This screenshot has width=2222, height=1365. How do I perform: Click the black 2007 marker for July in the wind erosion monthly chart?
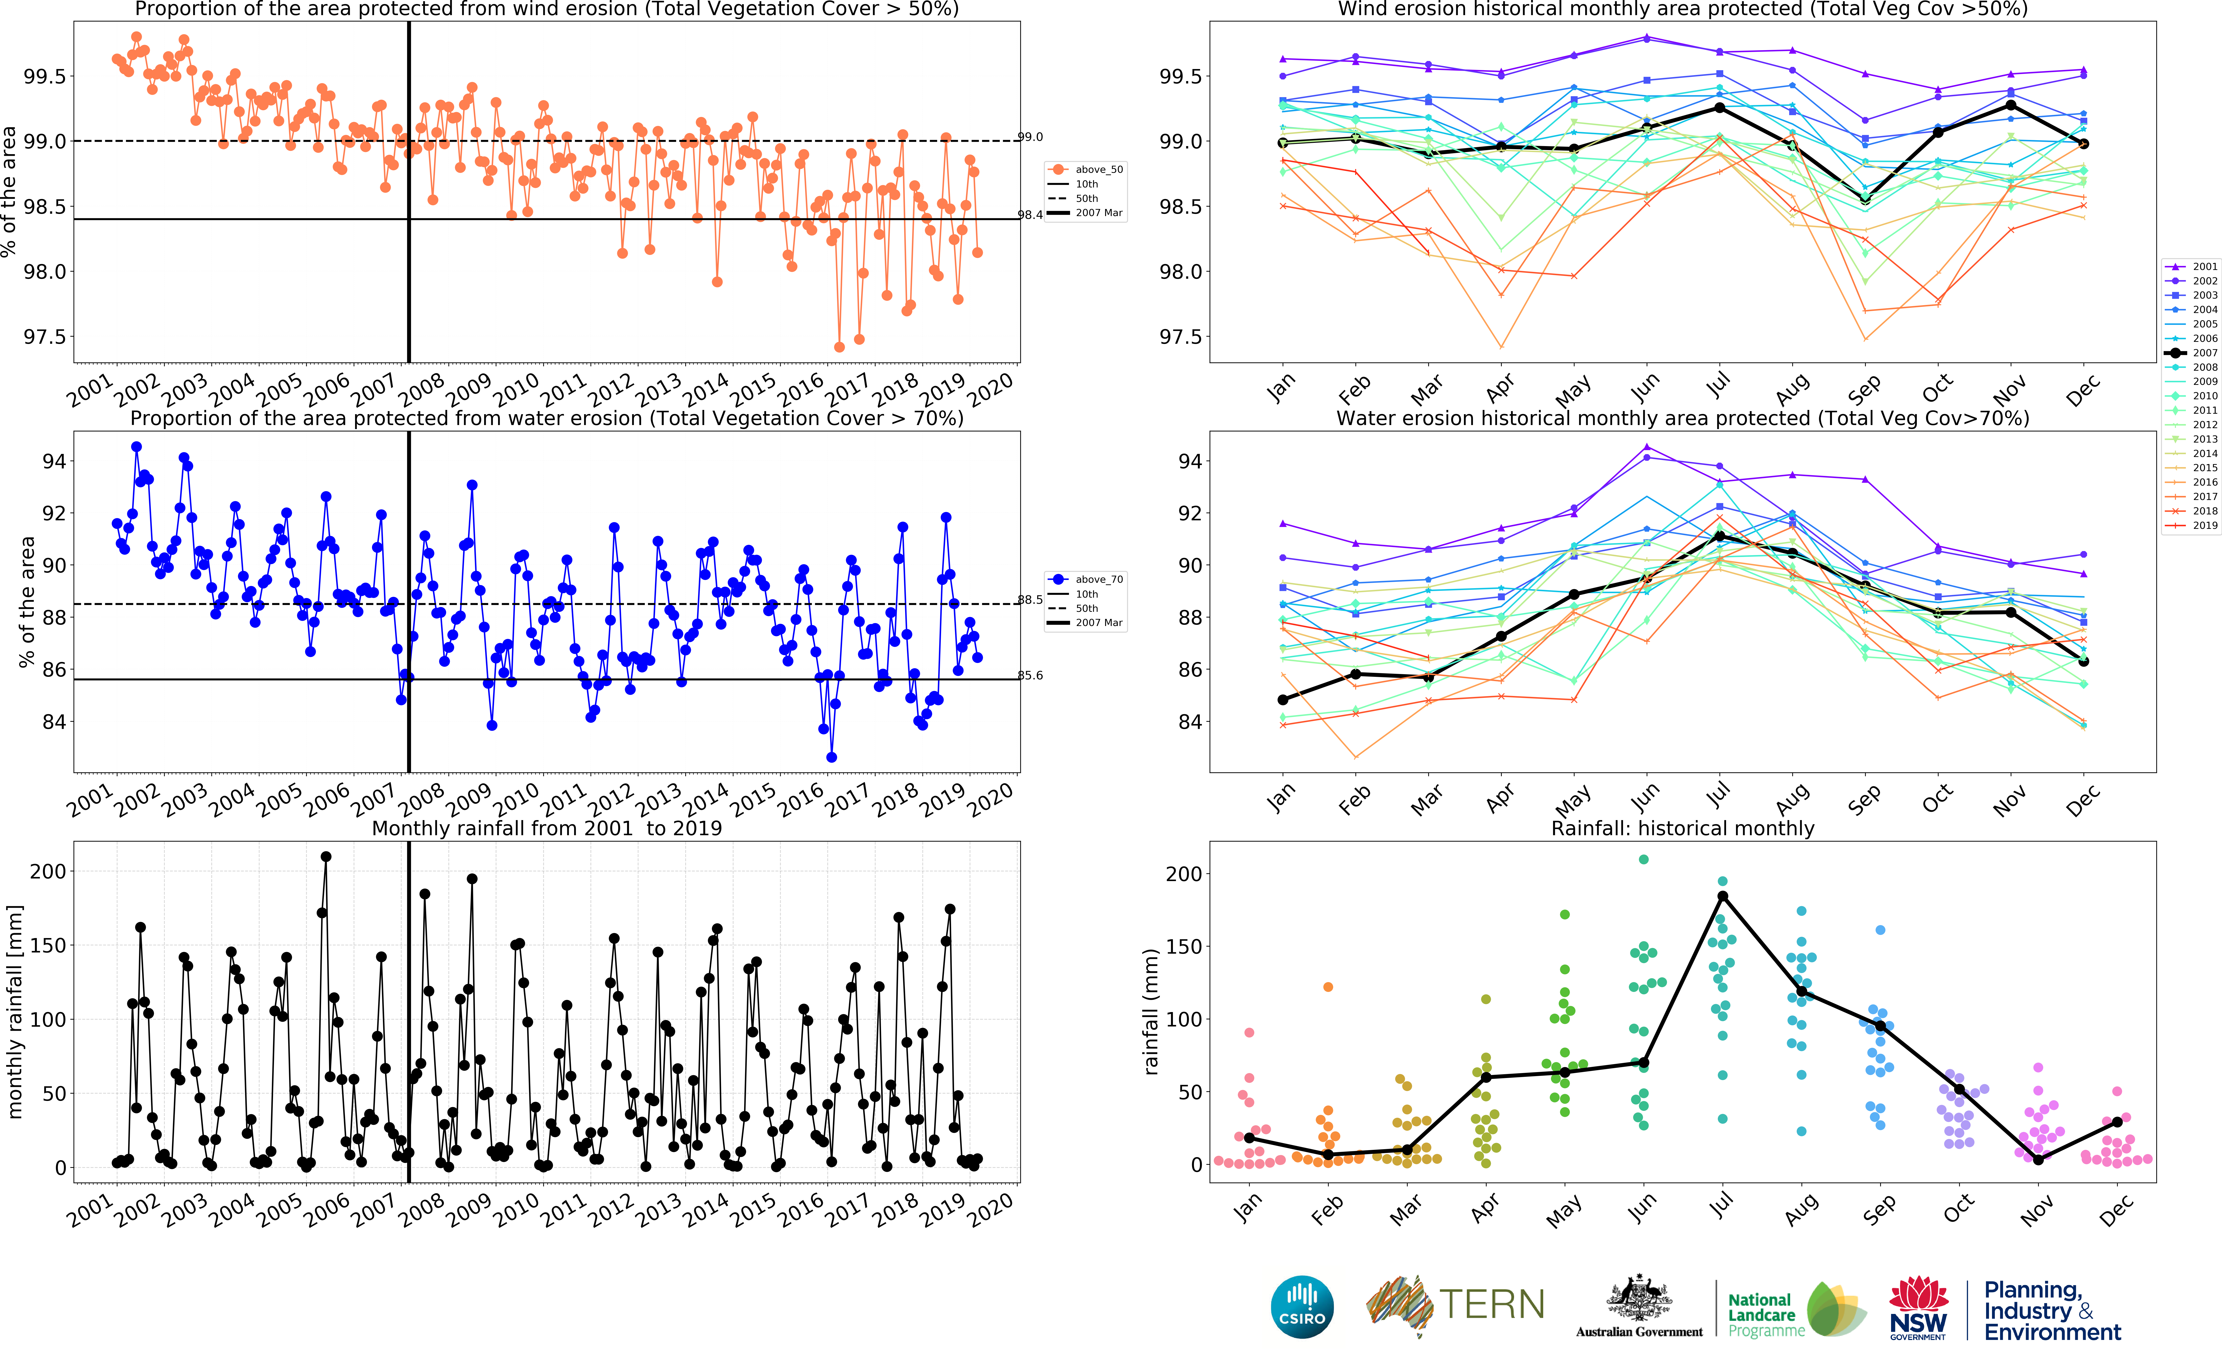tap(1719, 107)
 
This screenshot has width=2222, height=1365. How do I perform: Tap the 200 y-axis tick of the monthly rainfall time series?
tap(48, 871)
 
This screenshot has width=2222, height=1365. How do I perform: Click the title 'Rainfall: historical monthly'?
tap(1682, 828)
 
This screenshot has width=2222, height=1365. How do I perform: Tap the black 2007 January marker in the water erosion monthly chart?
tap(1282, 700)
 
